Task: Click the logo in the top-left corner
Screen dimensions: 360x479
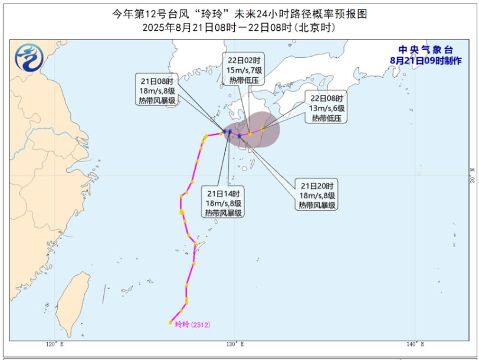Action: [28, 57]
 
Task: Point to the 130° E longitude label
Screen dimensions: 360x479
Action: [234, 344]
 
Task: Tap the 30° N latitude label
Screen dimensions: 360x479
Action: [471, 177]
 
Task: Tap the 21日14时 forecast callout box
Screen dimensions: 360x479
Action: [224, 203]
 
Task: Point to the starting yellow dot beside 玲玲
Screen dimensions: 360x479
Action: [170, 322]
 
